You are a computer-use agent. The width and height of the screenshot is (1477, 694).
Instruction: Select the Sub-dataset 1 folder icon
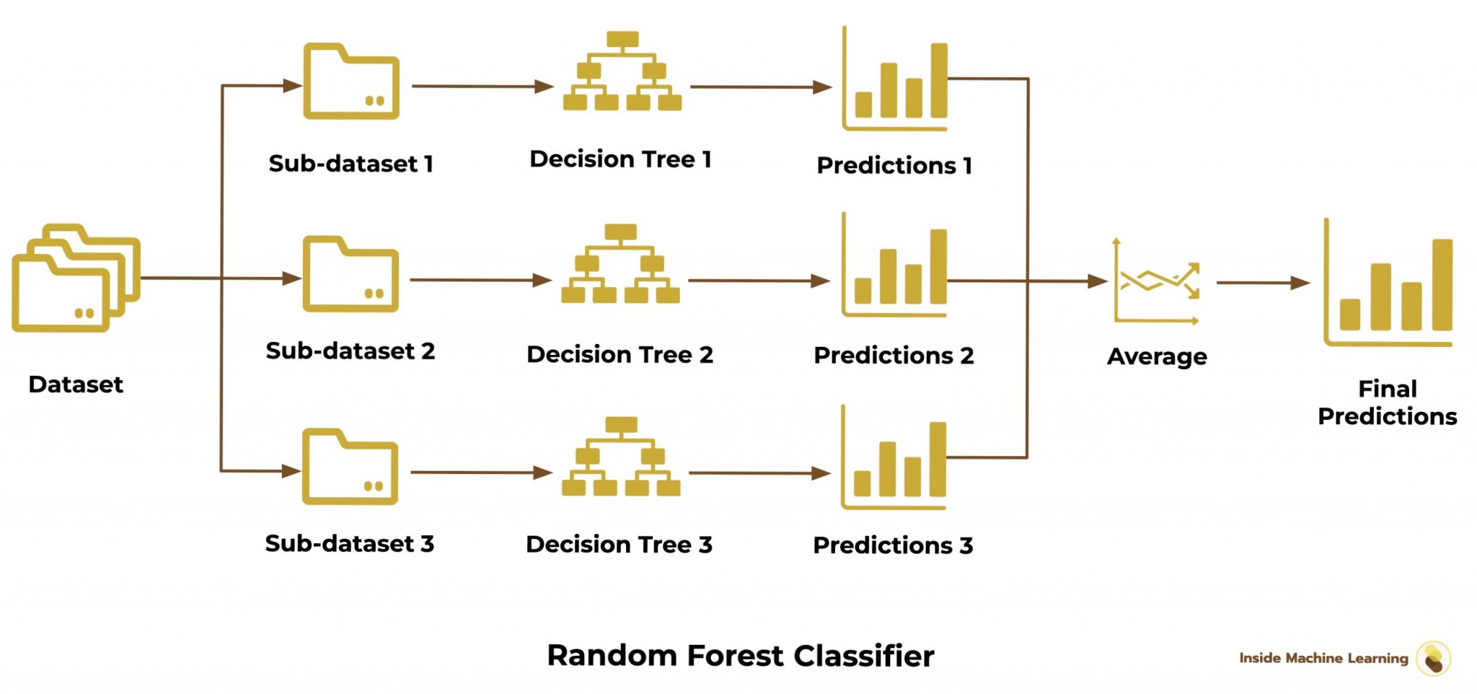[x=351, y=82]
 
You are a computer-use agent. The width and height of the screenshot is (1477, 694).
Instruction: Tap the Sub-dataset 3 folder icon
[x=350, y=467]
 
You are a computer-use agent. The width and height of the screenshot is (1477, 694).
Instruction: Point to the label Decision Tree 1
[x=620, y=159]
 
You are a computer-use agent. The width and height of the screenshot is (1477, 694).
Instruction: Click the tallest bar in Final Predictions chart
[x=1442, y=284]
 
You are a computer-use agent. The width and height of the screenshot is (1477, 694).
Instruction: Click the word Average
[x=1157, y=356]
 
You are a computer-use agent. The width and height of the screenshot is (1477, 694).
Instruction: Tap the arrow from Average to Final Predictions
[x=1262, y=283]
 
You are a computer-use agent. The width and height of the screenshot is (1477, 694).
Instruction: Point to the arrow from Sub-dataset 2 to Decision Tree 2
[x=480, y=280]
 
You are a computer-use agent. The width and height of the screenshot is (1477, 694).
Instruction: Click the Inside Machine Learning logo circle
[x=1433, y=659]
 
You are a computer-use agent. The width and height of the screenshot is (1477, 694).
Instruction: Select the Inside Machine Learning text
[x=1323, y=658]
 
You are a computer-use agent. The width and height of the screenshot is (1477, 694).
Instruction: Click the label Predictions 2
[x=894, y=356]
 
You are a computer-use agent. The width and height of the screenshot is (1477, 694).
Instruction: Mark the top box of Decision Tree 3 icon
[x=621, y=424]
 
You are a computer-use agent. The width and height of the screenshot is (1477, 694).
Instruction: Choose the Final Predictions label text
[x=1388, y=403]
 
